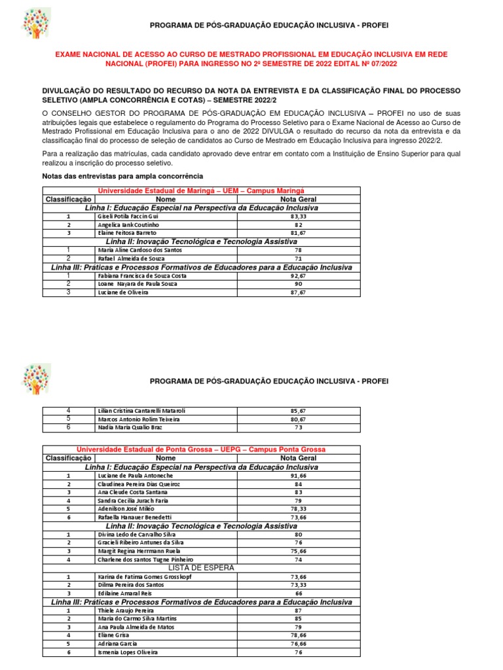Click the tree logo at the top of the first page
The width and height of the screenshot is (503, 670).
tap(36, 24)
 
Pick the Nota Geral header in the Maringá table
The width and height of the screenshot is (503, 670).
tap(298, 199)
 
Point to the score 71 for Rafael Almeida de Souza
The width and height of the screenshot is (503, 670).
tap(298, 258)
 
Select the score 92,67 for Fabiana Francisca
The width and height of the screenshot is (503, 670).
tap(298, 275)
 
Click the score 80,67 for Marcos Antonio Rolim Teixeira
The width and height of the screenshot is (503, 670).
tap(298, 419)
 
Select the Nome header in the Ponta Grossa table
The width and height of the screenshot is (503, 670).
tap(166, 458)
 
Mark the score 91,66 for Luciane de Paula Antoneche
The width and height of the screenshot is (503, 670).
tap(298, 476)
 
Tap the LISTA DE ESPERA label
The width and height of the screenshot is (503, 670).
tap(201, 567)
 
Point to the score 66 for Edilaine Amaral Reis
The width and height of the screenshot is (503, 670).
tap(298, 593)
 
